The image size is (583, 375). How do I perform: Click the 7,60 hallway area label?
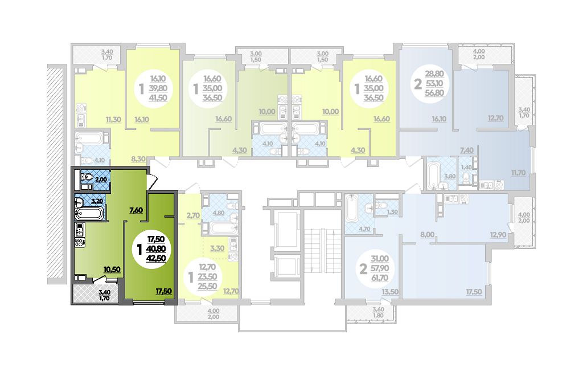[136, 210]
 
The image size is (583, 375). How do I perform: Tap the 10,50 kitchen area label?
[112, 270]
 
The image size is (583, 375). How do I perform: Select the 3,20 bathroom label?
[97, 201]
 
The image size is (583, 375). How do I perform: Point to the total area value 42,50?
[157, 258]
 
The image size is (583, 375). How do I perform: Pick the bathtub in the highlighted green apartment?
[89, 214]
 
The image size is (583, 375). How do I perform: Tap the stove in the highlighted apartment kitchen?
[80, 243]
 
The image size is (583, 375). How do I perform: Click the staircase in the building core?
[322, 253]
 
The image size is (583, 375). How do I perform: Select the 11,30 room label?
[113, 120]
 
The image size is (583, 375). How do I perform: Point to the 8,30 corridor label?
[138, 159]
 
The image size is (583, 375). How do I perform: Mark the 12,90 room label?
[498, 235]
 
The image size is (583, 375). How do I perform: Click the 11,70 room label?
[518, 173]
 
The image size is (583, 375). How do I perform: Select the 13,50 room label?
[391, 292]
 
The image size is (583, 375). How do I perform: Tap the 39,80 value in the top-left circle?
[159, 88]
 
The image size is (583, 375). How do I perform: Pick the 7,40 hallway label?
[467, 150]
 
